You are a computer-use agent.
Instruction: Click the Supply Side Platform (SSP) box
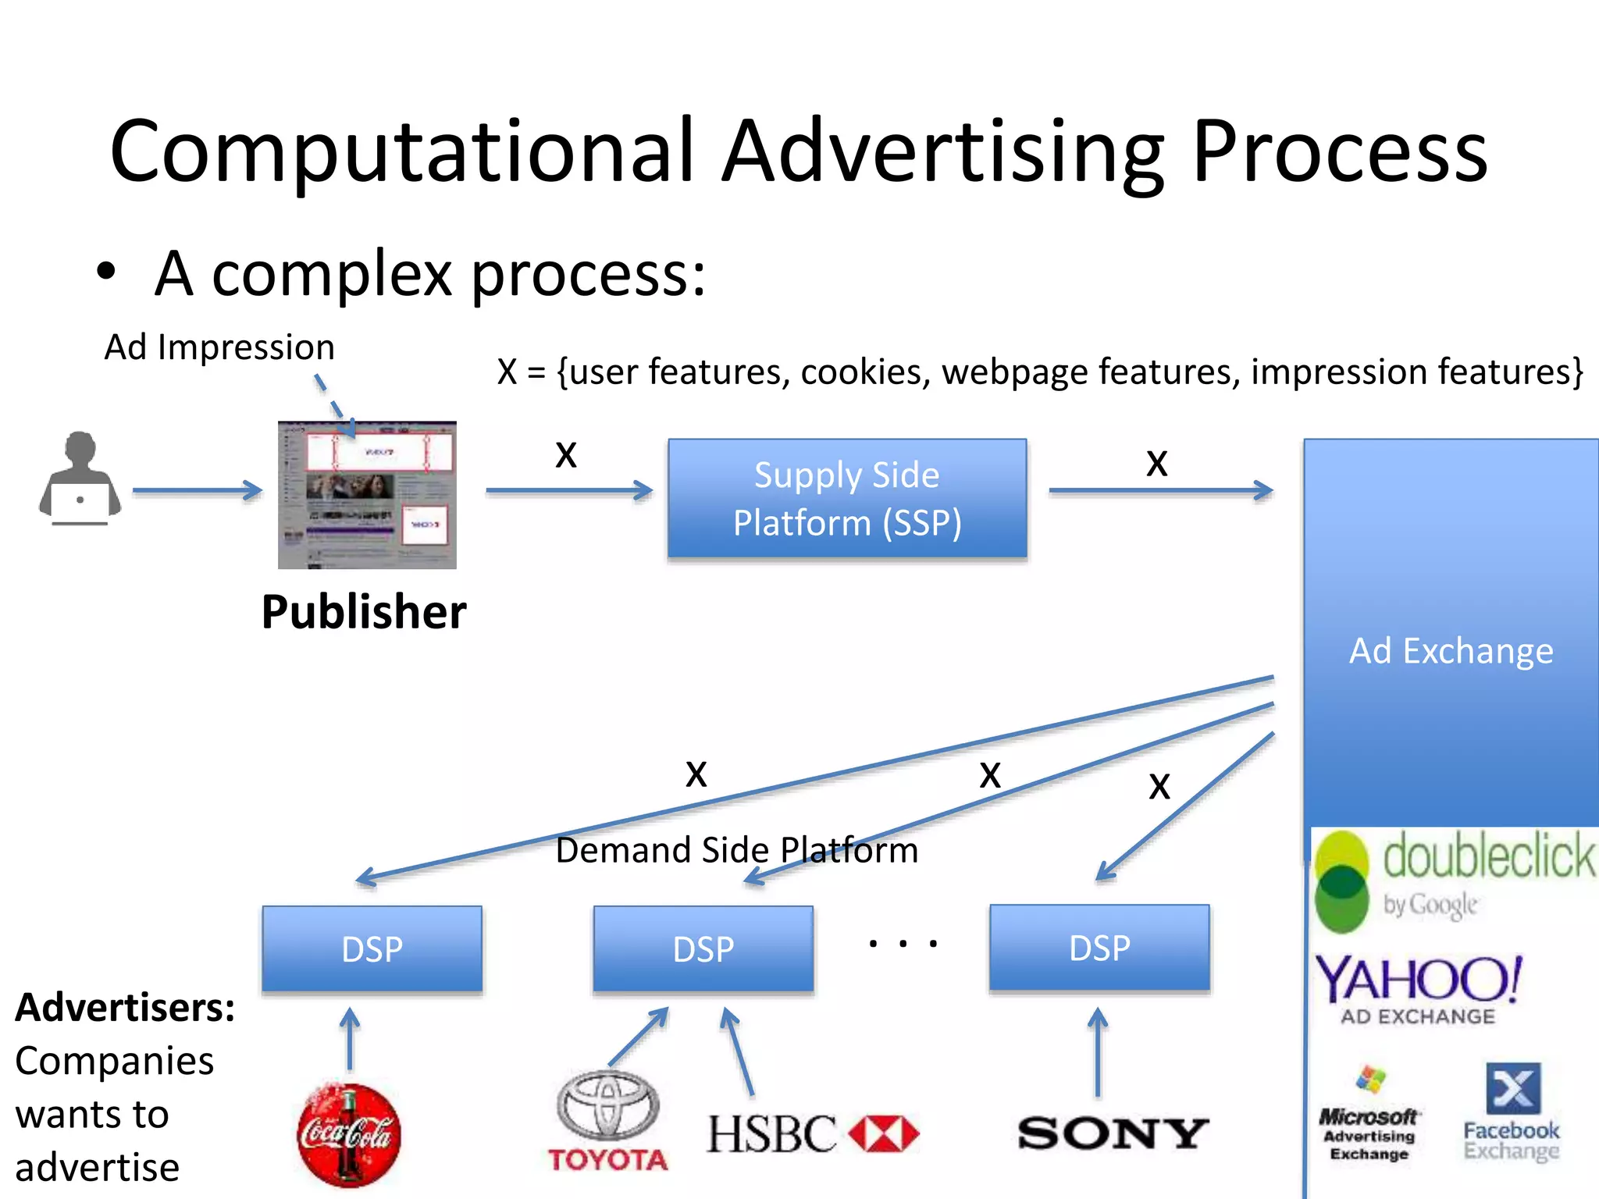pyautogui.click(x=847, y=498)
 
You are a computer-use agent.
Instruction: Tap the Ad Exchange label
pyautogui.click(x=1451, y=651)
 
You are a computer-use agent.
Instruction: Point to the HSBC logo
pyautogui.click(x=813, y=1133)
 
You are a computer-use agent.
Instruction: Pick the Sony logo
pyautogui.click(x=1113, y=1133)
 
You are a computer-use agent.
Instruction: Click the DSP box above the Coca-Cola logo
pyautogui.click(x=372, y=948)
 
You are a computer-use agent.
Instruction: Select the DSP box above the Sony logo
pyautogui.click(x=1099, y=948)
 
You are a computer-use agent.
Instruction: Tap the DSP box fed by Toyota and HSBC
pyautogui.click(x=703, y=948)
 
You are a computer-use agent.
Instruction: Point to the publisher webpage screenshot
pyautogui.click(x=367, y=495)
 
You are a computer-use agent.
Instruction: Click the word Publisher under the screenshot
pyautogui.click(x=364, y=612)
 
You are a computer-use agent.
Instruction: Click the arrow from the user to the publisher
pyautogui.click(x=197, y=490)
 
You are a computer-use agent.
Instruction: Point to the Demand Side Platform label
pyautogui.click(x=736, y=850)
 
